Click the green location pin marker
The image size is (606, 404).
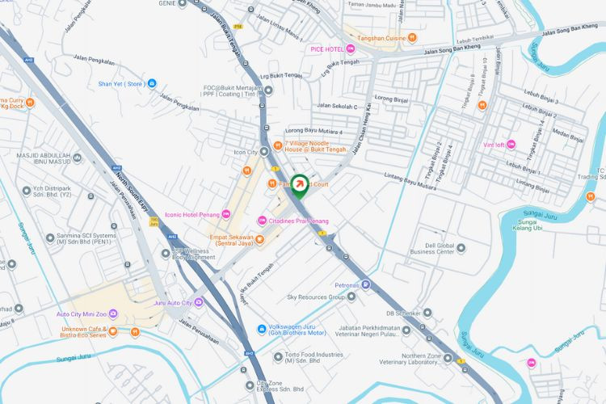(299, 187)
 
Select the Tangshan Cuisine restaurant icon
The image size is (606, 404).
(412, 36)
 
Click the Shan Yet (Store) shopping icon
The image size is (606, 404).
(152, 83)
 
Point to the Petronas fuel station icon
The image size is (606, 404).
(366, 284)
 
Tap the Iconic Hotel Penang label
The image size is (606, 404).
(191, 214)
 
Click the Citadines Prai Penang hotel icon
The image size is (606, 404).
(262, 221)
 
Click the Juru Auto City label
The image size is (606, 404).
(173, 303)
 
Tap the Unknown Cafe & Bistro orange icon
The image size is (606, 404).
(112, 331)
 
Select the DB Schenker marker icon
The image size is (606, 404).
(427, 313)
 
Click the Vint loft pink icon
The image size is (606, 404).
(511, 145)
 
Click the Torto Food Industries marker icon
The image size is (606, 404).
(278, 356)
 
